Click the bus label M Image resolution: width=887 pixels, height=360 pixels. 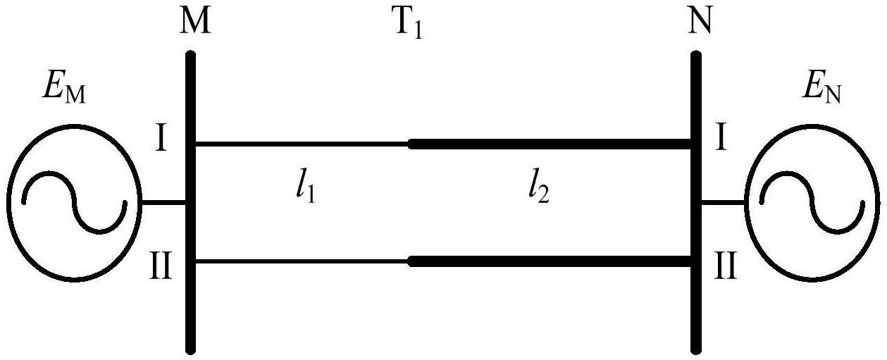click(x=194, y=20)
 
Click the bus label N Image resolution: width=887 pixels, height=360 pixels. click(x=700, y=20)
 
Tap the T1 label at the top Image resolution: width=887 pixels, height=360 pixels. click(x=409, y=24)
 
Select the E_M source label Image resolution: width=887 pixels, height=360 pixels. click(x=63, y=90)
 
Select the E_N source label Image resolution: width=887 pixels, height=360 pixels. click(x=821, y=90)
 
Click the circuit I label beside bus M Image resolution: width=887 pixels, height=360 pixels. click(x=161, y=139)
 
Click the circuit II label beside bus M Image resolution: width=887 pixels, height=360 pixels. click(x=161, y=267)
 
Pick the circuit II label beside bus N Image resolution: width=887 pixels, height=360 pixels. click(x=726, y=267)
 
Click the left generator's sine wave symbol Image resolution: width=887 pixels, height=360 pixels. click(x=74, y=202)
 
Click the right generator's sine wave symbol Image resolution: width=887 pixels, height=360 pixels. click(x=812, y=202)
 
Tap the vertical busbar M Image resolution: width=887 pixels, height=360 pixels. click(x=191, y=202)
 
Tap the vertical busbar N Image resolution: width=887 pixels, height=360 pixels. click(x=696, y=202)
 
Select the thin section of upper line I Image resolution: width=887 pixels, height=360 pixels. click(x=302, y=144)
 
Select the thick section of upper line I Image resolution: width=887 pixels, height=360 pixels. click(x=550, y=144)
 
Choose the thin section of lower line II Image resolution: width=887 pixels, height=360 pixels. click(x=302, y=261)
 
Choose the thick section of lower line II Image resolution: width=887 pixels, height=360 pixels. click(x=550, y=261)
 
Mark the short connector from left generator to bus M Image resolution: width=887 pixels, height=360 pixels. click(x=163, y=202)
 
